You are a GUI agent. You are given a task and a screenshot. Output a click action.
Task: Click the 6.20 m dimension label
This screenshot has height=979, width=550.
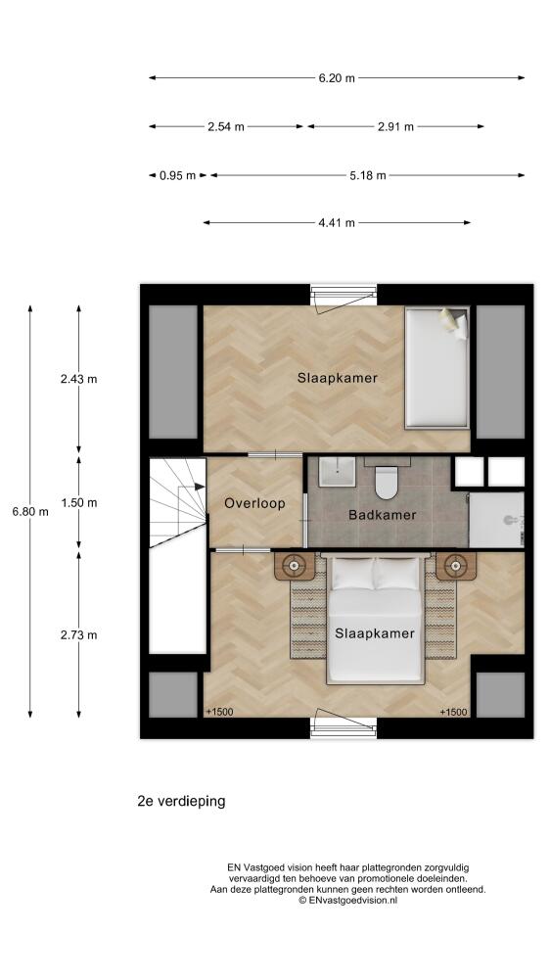[337, 78]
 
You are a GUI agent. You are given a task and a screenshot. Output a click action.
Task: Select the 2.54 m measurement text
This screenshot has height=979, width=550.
[226, 126]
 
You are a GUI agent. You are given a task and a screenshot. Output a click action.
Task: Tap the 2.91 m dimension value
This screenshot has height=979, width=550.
[395, 126]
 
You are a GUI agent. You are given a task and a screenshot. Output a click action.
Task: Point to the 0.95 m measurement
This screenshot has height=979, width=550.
[177, 175]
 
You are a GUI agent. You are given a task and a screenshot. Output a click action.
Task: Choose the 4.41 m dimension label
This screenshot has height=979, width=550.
[337, 223]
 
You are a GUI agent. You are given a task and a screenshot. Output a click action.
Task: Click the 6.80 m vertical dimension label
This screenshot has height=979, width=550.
[30, 511]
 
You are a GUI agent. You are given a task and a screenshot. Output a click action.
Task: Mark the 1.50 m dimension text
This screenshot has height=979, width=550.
[78, 502]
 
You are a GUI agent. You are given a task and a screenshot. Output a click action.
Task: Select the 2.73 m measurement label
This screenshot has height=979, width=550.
[78, 635]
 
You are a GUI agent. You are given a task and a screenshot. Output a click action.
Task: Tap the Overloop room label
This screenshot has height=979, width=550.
[254, 503]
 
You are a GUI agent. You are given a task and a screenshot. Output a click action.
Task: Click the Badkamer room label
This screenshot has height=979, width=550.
[382, 515]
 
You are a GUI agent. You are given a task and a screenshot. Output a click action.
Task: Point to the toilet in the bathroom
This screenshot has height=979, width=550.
[387, 482]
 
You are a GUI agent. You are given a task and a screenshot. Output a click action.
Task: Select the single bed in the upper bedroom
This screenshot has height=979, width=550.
[437, 368]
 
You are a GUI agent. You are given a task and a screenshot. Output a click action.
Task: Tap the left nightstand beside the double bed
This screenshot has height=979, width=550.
[294, 566]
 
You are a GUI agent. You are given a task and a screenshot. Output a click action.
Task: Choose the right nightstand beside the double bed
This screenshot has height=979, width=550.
[456, 566]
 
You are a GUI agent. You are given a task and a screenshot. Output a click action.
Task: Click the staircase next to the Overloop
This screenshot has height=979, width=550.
[178, 502]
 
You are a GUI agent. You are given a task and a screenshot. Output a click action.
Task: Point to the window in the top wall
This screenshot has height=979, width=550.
[344, 296]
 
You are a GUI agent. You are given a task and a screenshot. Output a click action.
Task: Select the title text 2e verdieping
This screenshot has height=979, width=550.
[181, 801]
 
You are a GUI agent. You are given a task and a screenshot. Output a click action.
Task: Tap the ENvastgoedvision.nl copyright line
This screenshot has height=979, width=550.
[347, 900]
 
